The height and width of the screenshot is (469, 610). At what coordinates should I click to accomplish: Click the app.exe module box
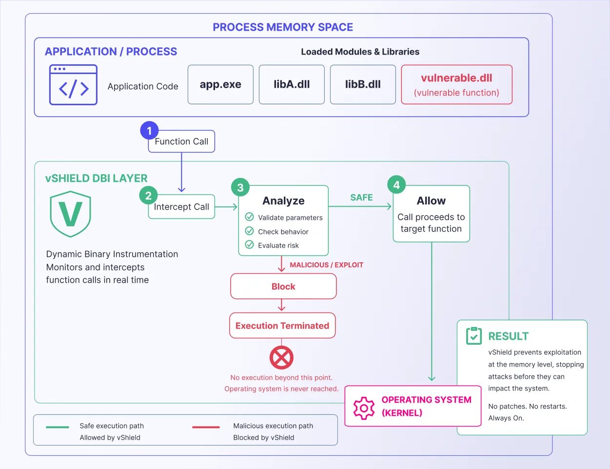[x=220, y=84]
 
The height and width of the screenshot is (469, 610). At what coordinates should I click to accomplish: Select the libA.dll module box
[x=292, y=84]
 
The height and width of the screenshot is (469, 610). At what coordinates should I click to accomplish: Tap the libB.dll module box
[x=363, y=84]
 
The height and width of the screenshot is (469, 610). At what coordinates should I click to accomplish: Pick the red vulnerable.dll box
[x=457, y=84]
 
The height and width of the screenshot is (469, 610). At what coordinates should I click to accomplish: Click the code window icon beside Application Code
[x=73, y=84]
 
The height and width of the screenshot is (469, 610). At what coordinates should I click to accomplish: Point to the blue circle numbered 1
[x=149, y=130]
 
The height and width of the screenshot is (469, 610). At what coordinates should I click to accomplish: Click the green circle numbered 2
[x=148, y=195]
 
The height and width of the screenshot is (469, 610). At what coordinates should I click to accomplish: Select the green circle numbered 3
[x=240, y=187]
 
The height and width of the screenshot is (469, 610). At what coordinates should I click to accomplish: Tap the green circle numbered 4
[x=396, y=185]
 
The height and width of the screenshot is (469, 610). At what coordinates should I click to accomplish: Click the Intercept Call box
[x=181, y=207]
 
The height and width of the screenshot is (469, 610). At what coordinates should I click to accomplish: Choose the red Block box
[x=283, y=286]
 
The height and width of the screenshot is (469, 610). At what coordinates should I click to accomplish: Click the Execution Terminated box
[x=282, y=326]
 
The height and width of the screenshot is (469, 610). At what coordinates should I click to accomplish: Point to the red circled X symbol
[x=281, y=357]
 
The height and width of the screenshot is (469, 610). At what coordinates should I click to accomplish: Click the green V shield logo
[x=70, y=214]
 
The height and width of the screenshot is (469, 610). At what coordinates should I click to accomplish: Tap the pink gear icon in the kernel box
[x=364, y=408]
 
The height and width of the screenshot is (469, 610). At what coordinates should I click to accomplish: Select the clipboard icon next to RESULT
[x=474, y=336]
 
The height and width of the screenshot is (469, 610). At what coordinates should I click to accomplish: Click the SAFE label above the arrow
[x=362, y=197]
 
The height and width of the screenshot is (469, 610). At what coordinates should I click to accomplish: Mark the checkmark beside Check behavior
[x=249, y=231]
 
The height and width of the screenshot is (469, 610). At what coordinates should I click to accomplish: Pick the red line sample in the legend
[x=206, y=427]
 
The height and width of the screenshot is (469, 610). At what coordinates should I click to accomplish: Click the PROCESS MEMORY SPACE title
[x=283, y=27]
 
